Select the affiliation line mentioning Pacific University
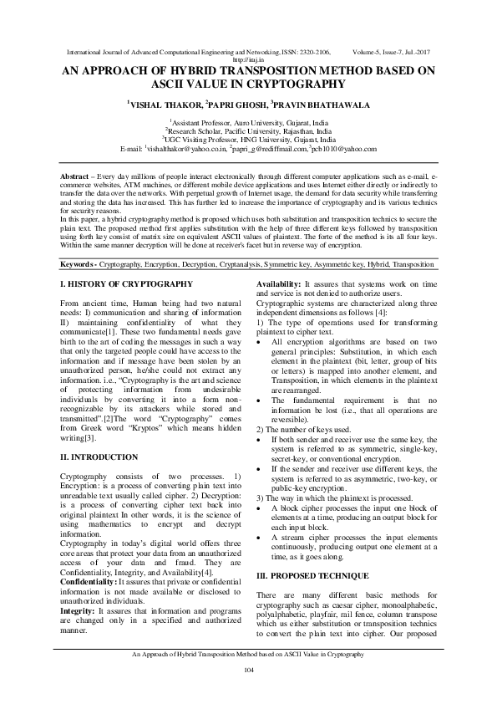click(x=248, y=130)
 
